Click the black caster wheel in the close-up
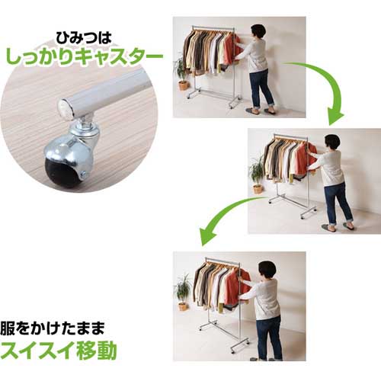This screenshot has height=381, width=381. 62,171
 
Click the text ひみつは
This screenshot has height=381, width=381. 84,38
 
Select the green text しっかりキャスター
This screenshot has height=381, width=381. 84,57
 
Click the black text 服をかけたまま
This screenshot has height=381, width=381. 53,328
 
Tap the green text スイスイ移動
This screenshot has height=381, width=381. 59,351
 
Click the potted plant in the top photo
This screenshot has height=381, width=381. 181,74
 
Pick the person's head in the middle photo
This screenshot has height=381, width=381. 332,143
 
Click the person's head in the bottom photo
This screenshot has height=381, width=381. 267,271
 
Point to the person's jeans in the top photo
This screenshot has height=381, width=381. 261,88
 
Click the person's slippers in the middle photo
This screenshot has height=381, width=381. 338,227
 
